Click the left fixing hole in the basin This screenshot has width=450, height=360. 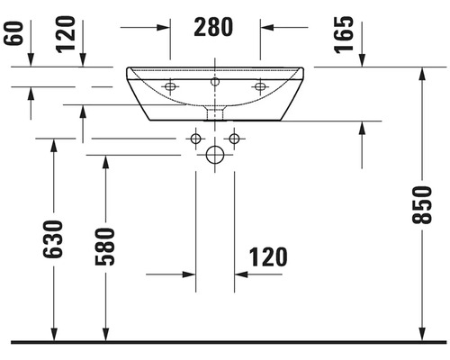170,86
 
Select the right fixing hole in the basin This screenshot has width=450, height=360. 260,86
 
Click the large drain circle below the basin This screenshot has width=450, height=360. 215,155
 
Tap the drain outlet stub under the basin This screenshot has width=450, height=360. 215,113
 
